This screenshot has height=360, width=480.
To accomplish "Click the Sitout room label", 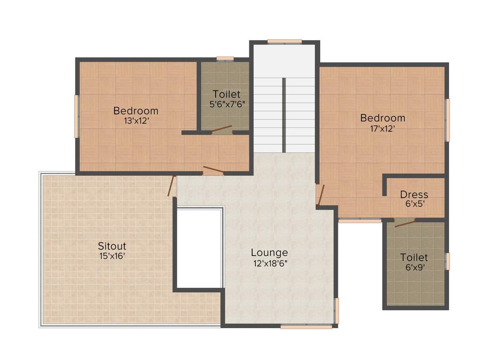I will (112, 246).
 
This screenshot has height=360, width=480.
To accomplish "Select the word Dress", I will (414, 195).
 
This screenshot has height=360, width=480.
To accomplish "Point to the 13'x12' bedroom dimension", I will (136, 120).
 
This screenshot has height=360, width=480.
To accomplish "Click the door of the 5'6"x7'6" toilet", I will (221, 129).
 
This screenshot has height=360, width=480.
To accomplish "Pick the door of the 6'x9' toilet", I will (405, 223).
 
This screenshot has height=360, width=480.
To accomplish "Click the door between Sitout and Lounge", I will (172, 186).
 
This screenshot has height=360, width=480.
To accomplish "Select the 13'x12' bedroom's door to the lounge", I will (213, 170).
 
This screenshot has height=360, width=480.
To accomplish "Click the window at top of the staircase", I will (285, 41).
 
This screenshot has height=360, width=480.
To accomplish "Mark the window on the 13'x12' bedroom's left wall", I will (76, 116).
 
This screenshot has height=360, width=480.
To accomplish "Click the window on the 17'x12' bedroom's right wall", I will (448, 120).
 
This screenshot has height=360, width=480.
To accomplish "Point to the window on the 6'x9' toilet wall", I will (448, 261).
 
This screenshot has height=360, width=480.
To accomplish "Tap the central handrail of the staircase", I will (284, 115).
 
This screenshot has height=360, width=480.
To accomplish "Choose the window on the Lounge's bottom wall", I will (300, 327).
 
